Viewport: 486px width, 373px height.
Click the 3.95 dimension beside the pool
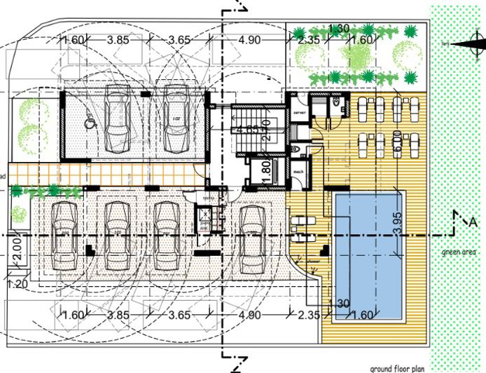pyautogui.click(x=396, y=223)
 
